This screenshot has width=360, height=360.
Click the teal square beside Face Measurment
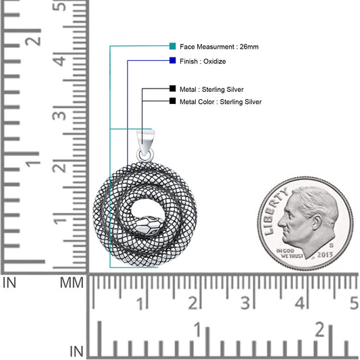pos(172,46)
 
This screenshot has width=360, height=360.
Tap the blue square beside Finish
pos(172,61)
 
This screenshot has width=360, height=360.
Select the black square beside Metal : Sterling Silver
pos(172,88)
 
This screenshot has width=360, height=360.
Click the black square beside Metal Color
pos(172,101)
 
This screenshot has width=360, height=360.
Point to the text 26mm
pos(249,47)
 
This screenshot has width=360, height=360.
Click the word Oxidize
pos(214,61)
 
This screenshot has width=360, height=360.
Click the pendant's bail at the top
pos(146,140)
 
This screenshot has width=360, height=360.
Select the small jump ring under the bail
pos(145,155)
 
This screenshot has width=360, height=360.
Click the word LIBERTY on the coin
pos(275,212)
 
